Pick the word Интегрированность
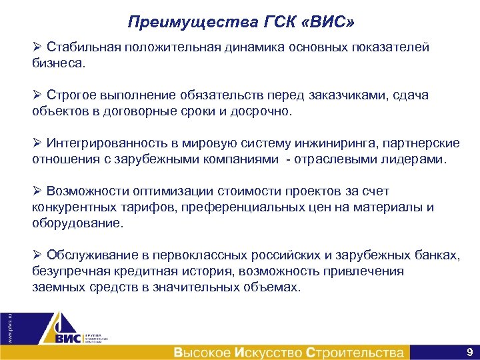pyautogui.click(x=102, y=144)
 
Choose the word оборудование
pyautogui.click(x=77, y=223)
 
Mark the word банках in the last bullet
pyautogui.click(x=437, y=256)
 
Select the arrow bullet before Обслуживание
pyautogui.click(x=37, y=256)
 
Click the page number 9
pyautogui.click(x=469, y=351)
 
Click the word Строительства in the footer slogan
pyautogui.click(x=355, y=352)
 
